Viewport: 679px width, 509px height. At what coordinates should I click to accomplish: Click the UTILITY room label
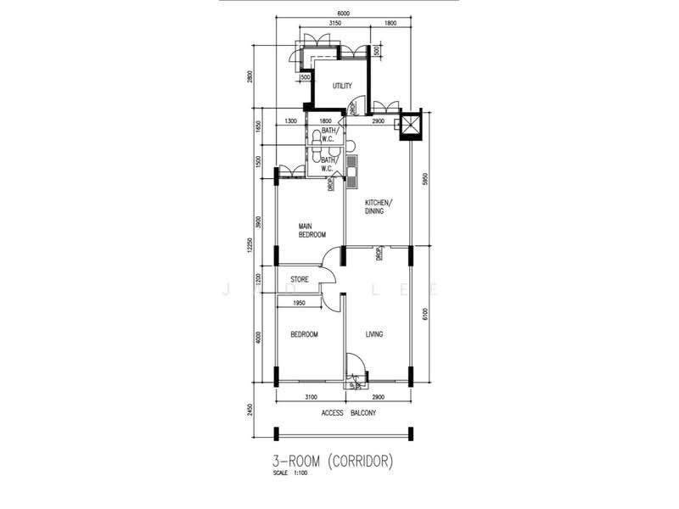[x=342, y=86]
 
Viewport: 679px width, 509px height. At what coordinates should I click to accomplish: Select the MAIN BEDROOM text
[x=311, y=230]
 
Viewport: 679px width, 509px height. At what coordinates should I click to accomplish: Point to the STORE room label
[x=300, y=279]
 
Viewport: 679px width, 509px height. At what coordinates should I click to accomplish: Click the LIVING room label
[x=374, y=334]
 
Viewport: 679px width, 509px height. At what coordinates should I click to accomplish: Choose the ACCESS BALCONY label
[x=349, y=413]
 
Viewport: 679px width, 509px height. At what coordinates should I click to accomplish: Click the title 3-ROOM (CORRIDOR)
[x=331, y=462]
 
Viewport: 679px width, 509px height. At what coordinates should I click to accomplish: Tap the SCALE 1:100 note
[x=288, y=473]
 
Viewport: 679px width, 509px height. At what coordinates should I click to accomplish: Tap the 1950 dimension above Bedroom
[x=299, y=303]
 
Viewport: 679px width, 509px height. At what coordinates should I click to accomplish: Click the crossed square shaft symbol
[x=410, y=126]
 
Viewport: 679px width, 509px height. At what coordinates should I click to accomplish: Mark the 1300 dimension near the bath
[x=291, y=121]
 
